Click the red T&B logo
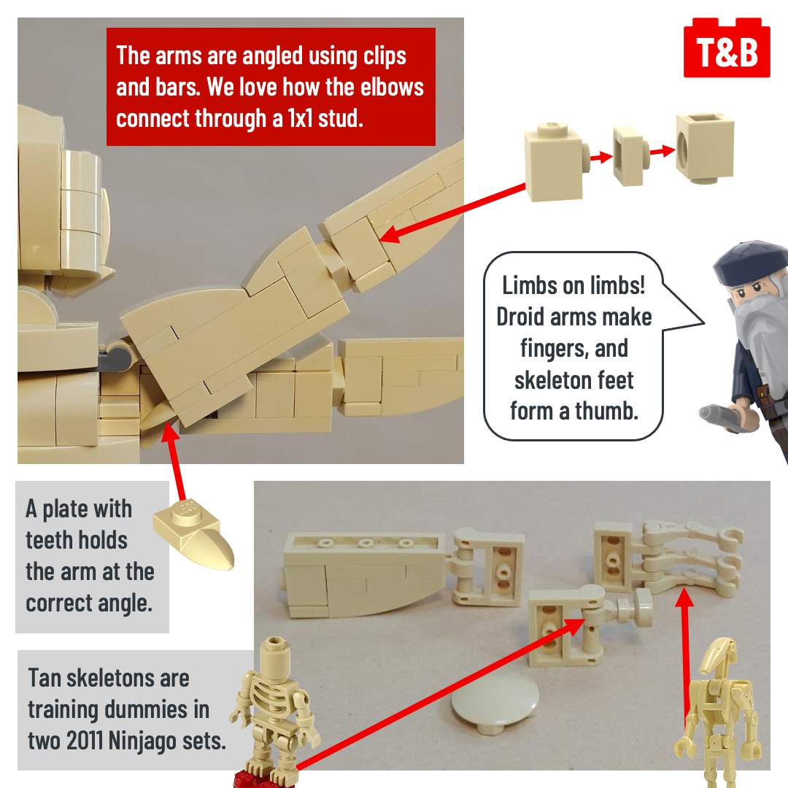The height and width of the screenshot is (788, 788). [727, 48]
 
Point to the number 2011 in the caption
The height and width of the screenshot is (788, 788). [84, 741]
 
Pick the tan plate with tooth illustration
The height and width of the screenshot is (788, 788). [194, 533]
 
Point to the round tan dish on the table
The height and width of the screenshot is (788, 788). [495, 706]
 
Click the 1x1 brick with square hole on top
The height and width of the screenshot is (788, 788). [704, 147]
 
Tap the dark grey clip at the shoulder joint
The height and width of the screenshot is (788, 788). [115, 358]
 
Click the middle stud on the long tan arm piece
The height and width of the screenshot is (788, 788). [366, 543]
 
